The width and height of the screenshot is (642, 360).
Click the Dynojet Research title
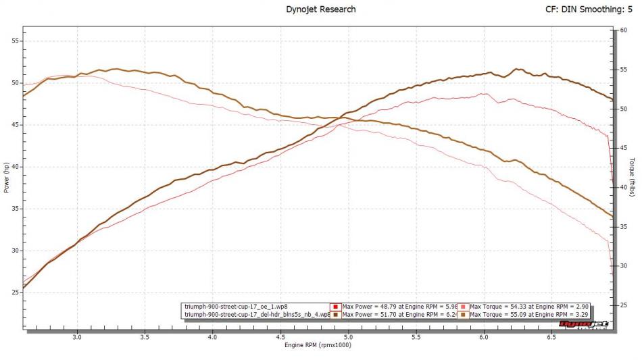(321, 9)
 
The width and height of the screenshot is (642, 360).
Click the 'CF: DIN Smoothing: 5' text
(593, 9)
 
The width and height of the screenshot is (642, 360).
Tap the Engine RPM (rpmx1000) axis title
(318, 344)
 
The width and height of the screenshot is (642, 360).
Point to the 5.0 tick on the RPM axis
(348, 336)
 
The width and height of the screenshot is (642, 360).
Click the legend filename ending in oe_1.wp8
(236, 307)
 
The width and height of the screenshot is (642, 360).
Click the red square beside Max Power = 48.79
(336, 307)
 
